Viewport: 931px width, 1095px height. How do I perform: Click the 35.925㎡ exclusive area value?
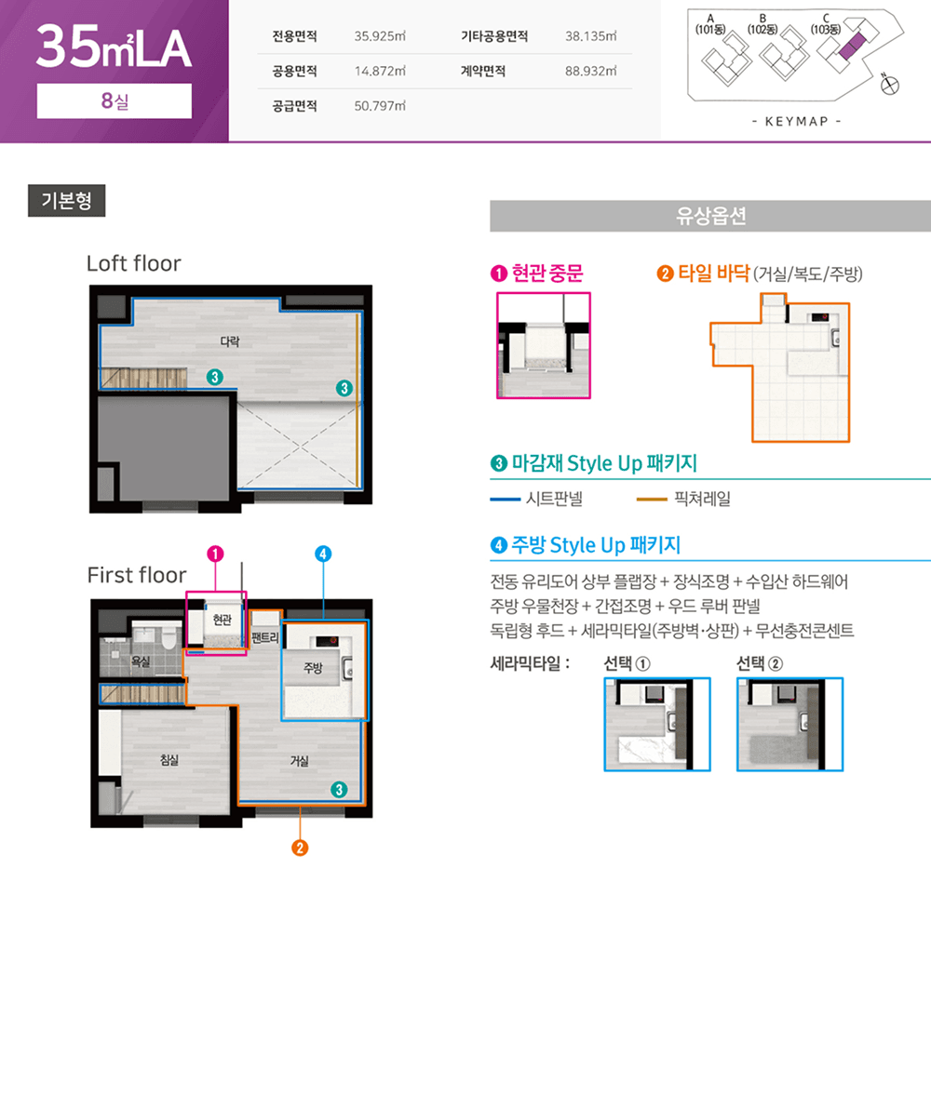pos(380,36)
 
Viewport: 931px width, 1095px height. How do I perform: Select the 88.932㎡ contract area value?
pos(590,72)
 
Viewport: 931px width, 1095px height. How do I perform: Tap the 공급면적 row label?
pos(294,106)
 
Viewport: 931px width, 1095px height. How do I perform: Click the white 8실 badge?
pos(114,101)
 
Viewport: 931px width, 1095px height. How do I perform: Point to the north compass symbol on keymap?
pos(889,86)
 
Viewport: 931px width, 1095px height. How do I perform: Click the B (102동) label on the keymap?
pos(762,24)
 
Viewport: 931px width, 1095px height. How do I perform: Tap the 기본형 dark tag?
pos(66,200)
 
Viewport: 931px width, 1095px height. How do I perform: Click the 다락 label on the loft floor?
pos(230,341)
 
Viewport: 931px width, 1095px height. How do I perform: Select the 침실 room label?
pos(169,760)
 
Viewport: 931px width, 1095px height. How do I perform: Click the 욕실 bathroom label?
pos(141,661)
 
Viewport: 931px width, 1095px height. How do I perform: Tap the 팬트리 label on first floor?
pos(265,637)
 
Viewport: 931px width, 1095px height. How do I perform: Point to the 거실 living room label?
pos(299,761)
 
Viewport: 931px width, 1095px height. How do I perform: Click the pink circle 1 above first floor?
pos(215,554)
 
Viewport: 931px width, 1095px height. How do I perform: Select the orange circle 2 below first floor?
pos(300,848)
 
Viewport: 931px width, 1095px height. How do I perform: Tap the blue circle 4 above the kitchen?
pos(323,554)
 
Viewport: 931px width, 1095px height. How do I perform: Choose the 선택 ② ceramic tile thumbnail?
pos(789,724)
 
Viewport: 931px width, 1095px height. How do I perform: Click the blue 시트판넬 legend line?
pos(505,500)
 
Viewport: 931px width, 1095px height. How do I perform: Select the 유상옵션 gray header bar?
pos(710,216)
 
